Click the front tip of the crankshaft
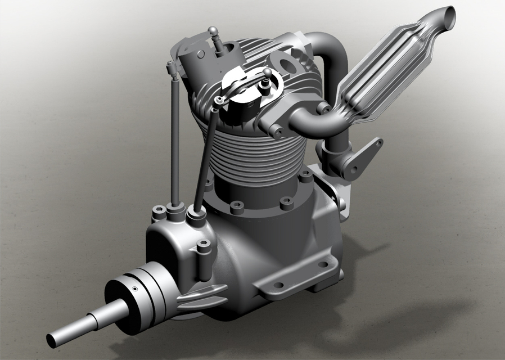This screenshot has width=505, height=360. coord(52,340)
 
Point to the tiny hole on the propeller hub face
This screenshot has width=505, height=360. coord(135,289)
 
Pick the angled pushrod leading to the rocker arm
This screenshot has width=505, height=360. coord(205,157)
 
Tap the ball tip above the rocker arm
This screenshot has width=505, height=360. coord(268,73)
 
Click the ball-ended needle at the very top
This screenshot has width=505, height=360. coord(212,30)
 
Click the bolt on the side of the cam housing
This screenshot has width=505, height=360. coord(204,245)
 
